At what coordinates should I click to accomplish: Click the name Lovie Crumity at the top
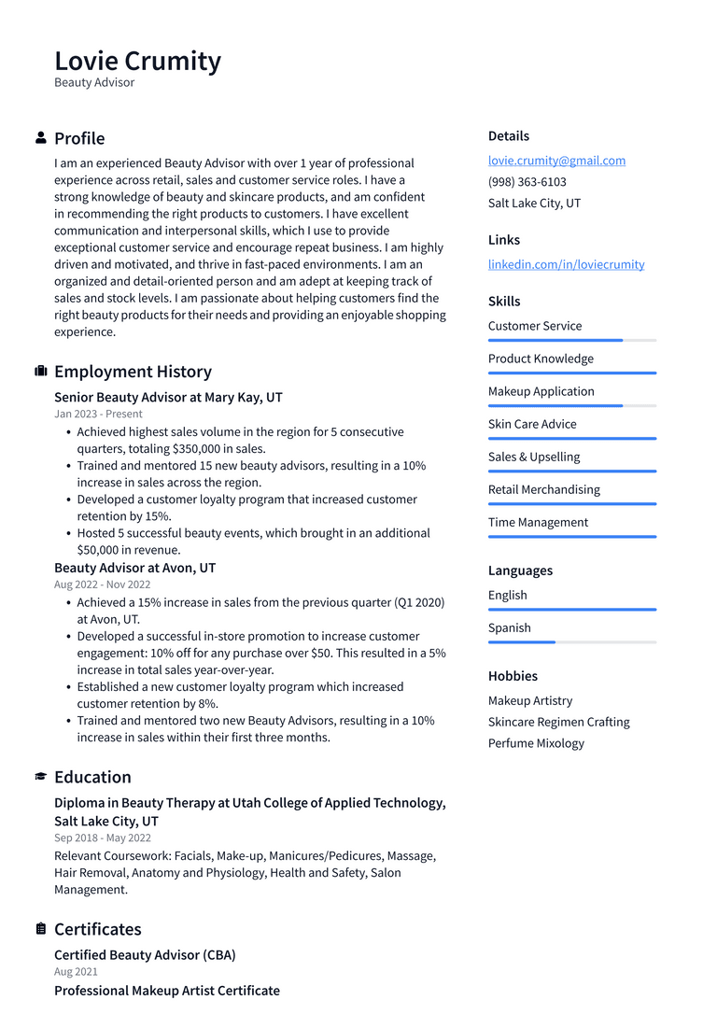(137, 62)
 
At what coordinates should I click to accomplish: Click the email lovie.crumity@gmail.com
(556, 161)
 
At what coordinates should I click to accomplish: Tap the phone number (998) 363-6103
(527, 182)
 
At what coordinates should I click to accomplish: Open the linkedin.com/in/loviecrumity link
(566, 264)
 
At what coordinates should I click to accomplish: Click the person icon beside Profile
(41, 138)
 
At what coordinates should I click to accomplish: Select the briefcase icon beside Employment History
(41, 372)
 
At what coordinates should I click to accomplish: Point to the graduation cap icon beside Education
(41, 777)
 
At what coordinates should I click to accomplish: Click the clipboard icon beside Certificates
(41, 929)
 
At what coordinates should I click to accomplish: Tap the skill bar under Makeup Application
(571, 406)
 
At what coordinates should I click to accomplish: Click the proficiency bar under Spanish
(571, 642)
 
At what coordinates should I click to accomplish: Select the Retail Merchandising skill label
(543, 489)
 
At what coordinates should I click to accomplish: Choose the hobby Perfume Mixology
(536, 743)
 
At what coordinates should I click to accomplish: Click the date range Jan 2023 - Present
(98, 414)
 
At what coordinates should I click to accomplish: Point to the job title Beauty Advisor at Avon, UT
(134, 568)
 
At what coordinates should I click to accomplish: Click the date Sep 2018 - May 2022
(103, 838)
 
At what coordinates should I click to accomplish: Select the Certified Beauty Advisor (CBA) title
(145, 955)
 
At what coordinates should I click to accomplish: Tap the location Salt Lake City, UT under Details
(534, 204)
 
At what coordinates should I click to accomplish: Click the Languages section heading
(520, 570)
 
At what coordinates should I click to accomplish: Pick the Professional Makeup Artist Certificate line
(167, 991)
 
